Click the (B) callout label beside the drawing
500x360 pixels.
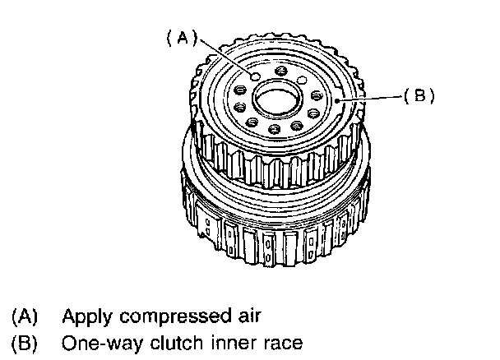pos(418,95)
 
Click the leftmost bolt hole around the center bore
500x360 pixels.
pos(235,108)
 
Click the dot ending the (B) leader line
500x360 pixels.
pos(340,99)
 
